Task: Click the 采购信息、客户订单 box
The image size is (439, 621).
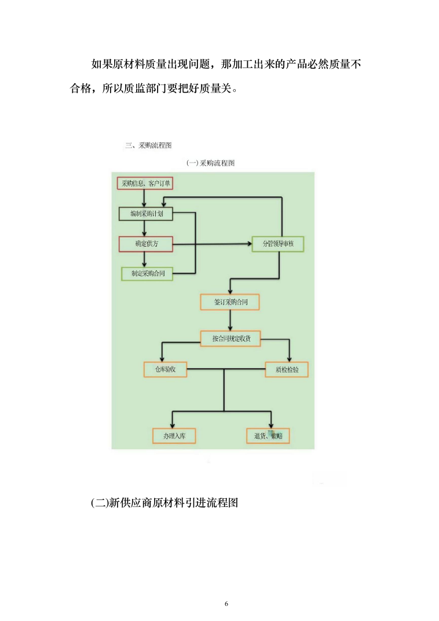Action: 145,183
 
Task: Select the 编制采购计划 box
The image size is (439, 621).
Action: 146,214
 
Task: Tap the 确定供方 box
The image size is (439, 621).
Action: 146,244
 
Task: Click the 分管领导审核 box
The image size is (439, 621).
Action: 278,244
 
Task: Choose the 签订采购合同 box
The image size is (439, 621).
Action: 231,302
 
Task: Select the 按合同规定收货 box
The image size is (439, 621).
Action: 231,339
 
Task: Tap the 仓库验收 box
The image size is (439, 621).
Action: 165,369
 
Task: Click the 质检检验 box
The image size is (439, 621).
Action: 287,369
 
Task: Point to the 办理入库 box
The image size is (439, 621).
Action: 174,436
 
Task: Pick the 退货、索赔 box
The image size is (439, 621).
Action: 268,436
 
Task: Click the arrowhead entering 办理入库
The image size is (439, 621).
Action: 173,425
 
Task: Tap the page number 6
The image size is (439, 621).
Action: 226,604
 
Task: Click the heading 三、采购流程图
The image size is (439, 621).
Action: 148,145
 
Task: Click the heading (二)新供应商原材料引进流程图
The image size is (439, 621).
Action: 165,502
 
